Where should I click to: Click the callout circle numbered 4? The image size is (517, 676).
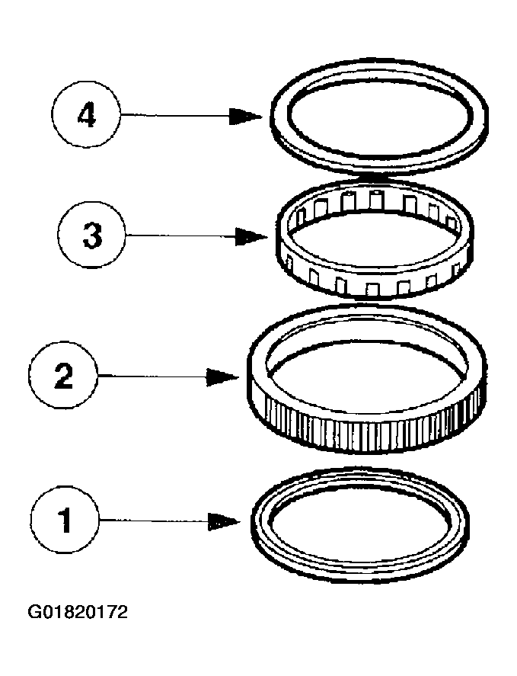86,117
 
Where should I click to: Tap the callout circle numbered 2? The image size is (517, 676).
64,376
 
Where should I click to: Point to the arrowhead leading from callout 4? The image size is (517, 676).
248,117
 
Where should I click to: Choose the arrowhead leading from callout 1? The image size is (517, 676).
226,521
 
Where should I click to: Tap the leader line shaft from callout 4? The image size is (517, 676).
175,117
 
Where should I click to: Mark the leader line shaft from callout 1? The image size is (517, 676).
152,521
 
